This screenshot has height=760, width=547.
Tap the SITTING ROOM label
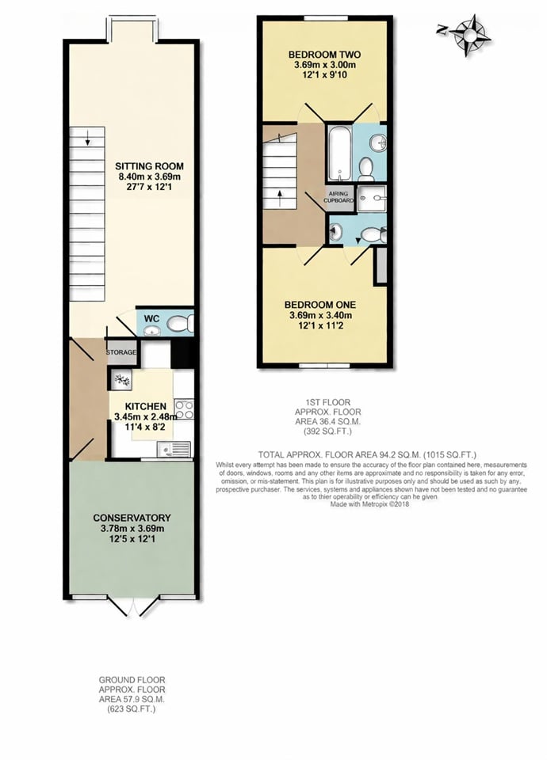(x=150, y=166)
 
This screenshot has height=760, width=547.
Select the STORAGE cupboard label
(x=121, y=352)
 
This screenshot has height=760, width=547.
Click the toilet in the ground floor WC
(x=181, y=322)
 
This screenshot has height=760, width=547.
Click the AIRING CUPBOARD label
(x=339, y=196)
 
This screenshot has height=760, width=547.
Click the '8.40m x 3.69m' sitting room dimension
(x=150, y=178)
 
